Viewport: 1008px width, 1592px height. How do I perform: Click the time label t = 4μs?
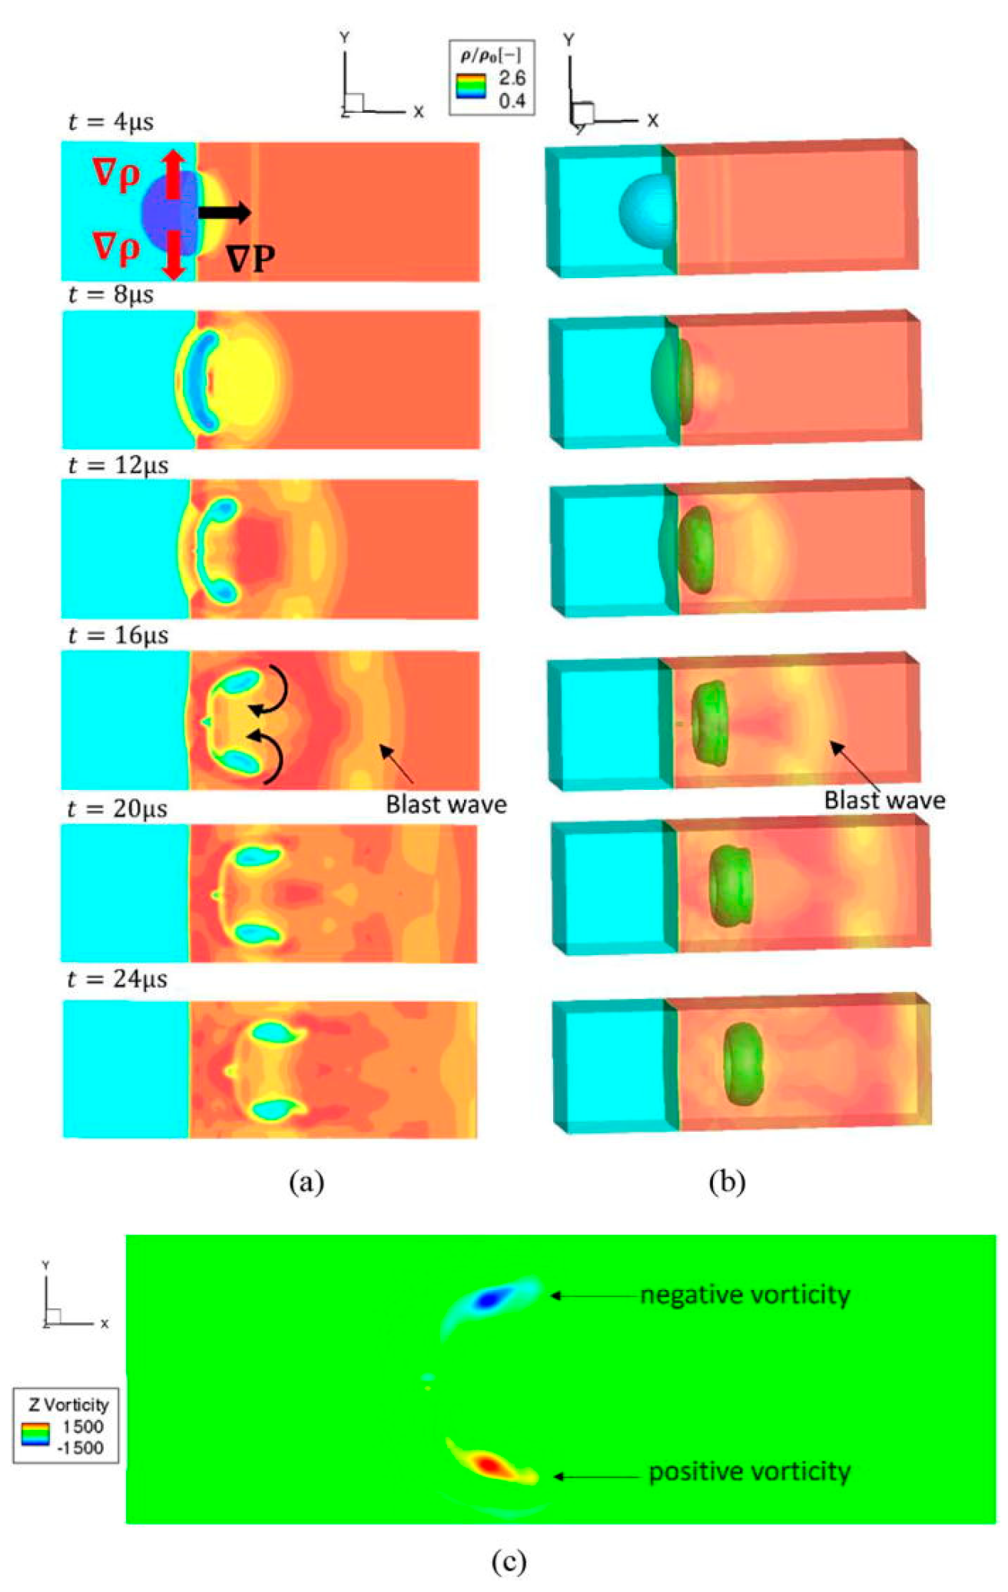pos(111,122)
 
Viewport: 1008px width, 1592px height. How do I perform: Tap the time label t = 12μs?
pos(118,466)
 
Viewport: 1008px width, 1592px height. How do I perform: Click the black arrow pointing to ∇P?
pos(224,212)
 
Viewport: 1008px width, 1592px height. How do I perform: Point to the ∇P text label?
pos(250,258)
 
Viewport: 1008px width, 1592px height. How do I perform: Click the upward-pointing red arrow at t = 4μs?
pos(174,173)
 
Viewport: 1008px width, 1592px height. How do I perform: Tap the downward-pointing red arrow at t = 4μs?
pos(174,255)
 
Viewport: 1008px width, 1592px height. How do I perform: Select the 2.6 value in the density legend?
pos(512,78)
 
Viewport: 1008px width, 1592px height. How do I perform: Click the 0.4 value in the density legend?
pos(512,101)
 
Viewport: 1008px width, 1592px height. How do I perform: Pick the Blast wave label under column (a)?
pos(446,804)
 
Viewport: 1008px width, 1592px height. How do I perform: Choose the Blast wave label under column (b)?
pos(884,801)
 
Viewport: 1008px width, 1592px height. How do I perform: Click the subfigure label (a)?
pos(307,1181)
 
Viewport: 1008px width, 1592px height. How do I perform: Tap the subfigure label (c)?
pos(509,1561)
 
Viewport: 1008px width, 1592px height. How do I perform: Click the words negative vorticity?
pos(745,1295)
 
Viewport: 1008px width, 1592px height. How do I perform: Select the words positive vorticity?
pos(749,1471)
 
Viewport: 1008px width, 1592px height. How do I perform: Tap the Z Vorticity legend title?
pos(68,1405)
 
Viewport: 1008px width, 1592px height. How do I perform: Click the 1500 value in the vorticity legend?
pos(83,1426)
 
